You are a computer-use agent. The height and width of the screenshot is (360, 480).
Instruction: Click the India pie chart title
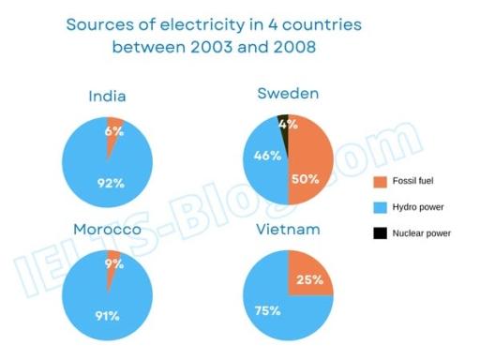point(107,97)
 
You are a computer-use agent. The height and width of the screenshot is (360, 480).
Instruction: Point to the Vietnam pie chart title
point(287,229)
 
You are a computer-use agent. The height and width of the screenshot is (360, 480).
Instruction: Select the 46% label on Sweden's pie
point(268,156)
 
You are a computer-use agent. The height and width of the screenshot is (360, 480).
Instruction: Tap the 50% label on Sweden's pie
point(306,178)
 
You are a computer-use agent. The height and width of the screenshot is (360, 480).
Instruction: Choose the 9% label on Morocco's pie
point(114,265)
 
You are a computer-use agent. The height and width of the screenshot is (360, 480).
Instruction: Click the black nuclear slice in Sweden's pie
point(283,120)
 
